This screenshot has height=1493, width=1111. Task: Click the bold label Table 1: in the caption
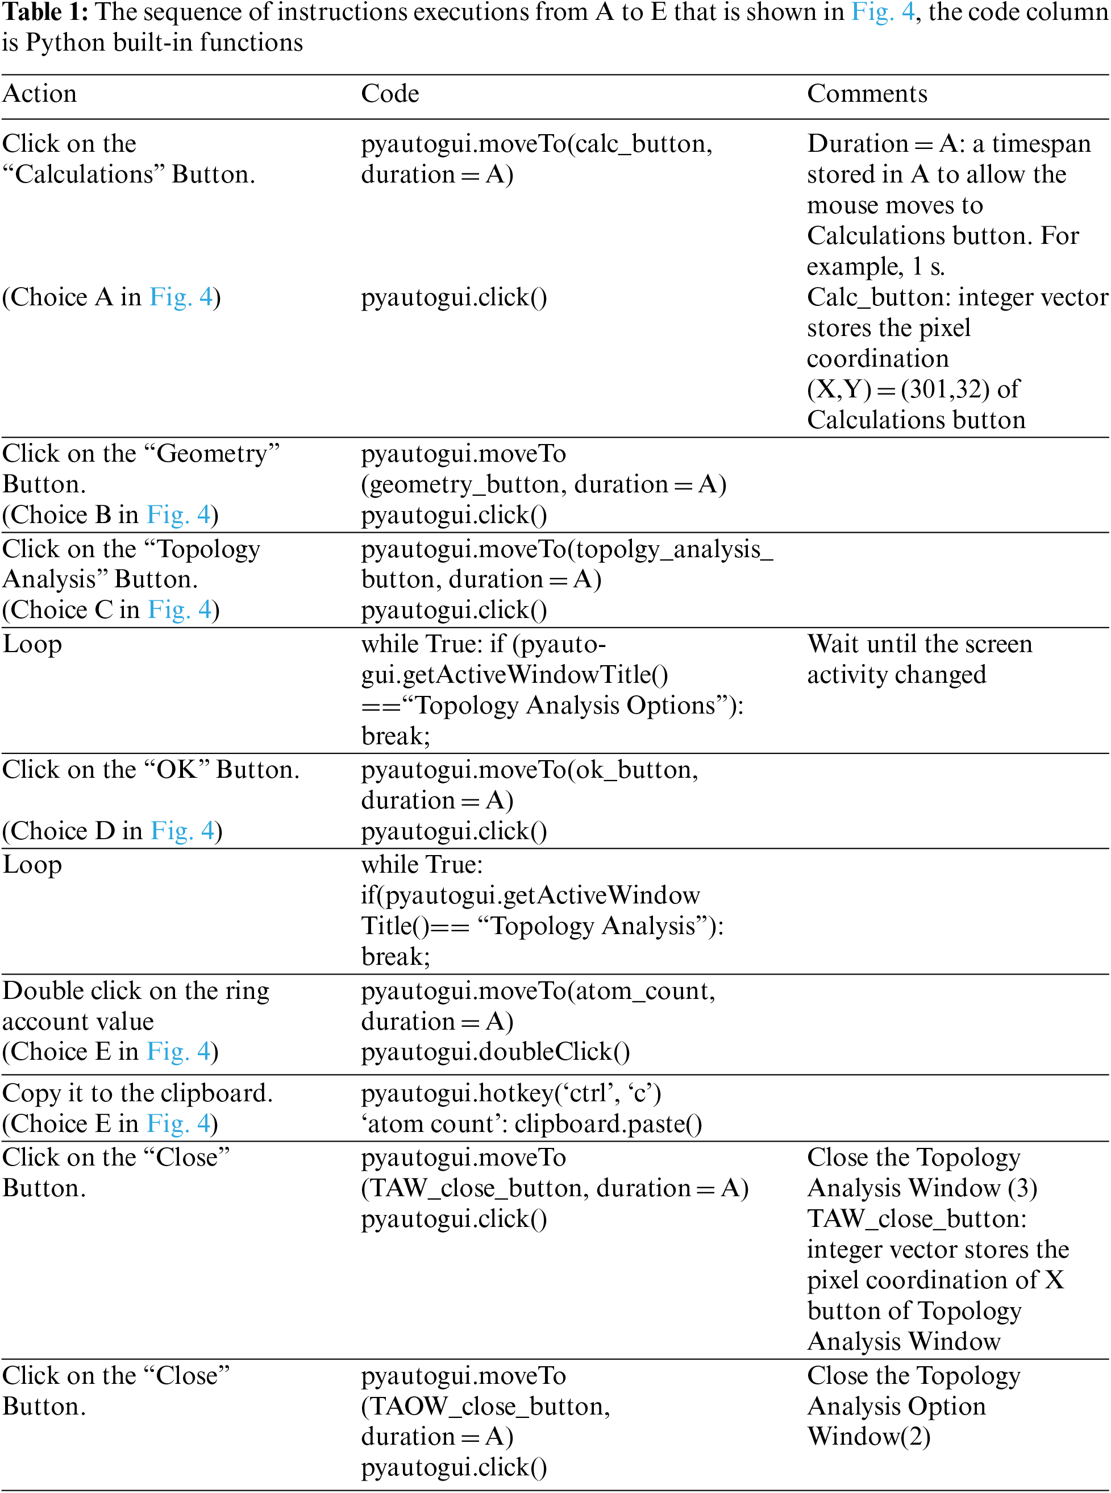(45, 12)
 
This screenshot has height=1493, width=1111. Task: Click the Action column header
(40, 93)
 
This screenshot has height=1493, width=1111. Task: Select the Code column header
(390, 93)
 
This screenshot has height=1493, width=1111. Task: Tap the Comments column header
(867, 93)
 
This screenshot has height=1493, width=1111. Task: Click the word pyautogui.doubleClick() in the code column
(496, 1052)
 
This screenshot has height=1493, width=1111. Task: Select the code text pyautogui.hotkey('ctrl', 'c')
(511, 1093)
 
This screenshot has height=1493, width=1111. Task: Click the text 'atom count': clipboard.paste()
(531, 1124)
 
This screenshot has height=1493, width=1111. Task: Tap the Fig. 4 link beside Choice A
(181, 297)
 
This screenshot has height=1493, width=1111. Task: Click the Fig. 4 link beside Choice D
(182, 831)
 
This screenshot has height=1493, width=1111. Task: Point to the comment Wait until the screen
(919, 645)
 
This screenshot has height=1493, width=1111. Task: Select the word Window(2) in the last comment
(869, 1437)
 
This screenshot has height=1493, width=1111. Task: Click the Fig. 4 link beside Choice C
(180, 609)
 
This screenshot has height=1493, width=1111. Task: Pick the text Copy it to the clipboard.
(137, 1093)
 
